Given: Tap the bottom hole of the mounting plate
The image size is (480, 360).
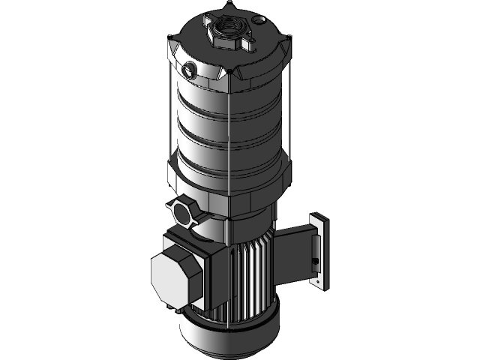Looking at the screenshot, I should point(322,283).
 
